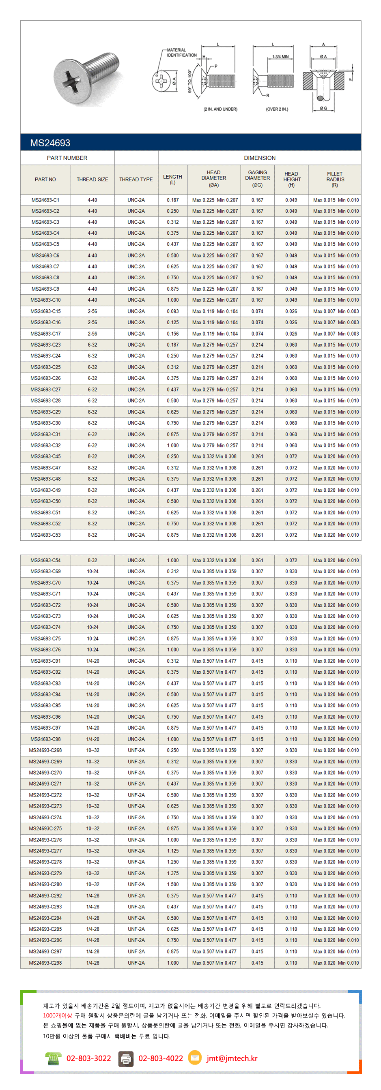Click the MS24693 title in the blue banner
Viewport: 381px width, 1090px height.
(x=50, y=143)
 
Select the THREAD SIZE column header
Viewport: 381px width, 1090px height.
(x=92, y=180)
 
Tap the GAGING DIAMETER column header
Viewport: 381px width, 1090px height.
(x=257, y=178)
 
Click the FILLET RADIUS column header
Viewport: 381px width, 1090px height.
(x=335, y=180)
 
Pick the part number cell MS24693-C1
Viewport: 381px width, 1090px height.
(x=45, y=200)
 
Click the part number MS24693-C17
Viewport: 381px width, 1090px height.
(x=45, y=334)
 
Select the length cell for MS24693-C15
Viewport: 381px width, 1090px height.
(x=173, y=311)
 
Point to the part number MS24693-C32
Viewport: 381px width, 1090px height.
(x=45, y=445)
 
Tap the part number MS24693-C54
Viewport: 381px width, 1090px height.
(x=45, y=561)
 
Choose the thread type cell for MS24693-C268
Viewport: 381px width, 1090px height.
(x=136, y=751)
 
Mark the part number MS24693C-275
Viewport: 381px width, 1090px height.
(x=45, y=829)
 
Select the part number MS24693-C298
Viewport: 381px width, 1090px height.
(x=45, y=963)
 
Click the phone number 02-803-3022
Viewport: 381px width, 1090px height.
(x=88, y=1058)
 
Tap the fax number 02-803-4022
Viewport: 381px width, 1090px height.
(x=160, y=1058)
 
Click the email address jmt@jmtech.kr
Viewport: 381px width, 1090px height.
(x=232, y=1058)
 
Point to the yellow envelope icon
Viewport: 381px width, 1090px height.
(x=194, y=1058)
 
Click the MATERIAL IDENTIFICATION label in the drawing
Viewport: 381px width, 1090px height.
(x=182, y=52)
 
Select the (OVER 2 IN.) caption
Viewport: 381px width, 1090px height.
(x=277, y=109)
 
